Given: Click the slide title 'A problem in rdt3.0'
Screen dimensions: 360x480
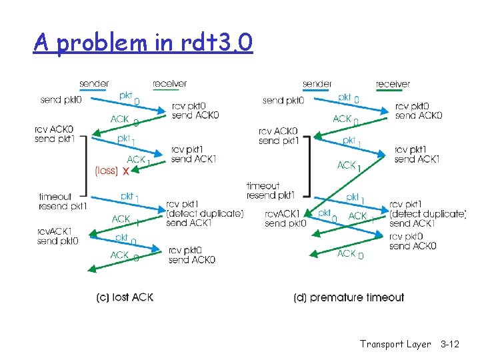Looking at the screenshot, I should (143, 43).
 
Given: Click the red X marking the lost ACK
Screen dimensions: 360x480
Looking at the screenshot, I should (125, 171).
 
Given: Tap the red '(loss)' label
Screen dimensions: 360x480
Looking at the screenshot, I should (107, 171).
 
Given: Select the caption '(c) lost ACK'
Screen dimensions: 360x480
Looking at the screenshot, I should (125, 297).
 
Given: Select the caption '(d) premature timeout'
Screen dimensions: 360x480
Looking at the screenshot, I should (349, 297).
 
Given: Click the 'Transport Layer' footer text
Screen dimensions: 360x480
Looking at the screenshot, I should (396, 344).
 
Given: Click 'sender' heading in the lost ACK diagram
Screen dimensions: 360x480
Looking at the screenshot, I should (94, 84).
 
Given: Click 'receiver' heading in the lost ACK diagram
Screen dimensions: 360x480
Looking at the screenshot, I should (170, 84).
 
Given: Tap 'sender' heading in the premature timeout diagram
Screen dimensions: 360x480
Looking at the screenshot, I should (317, 84).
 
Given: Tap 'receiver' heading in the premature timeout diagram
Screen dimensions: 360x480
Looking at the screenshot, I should (393, 84).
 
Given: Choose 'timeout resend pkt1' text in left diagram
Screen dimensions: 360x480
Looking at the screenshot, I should (63, 201).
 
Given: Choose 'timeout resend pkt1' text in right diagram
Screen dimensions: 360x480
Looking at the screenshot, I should (271, 191).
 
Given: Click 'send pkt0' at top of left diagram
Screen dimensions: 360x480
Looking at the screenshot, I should (61, 100).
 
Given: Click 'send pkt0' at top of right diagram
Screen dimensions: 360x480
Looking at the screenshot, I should (283, 101).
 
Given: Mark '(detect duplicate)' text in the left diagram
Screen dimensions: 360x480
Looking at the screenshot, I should (205, 213).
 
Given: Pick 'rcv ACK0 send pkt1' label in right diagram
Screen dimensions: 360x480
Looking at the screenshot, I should (278, 136).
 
